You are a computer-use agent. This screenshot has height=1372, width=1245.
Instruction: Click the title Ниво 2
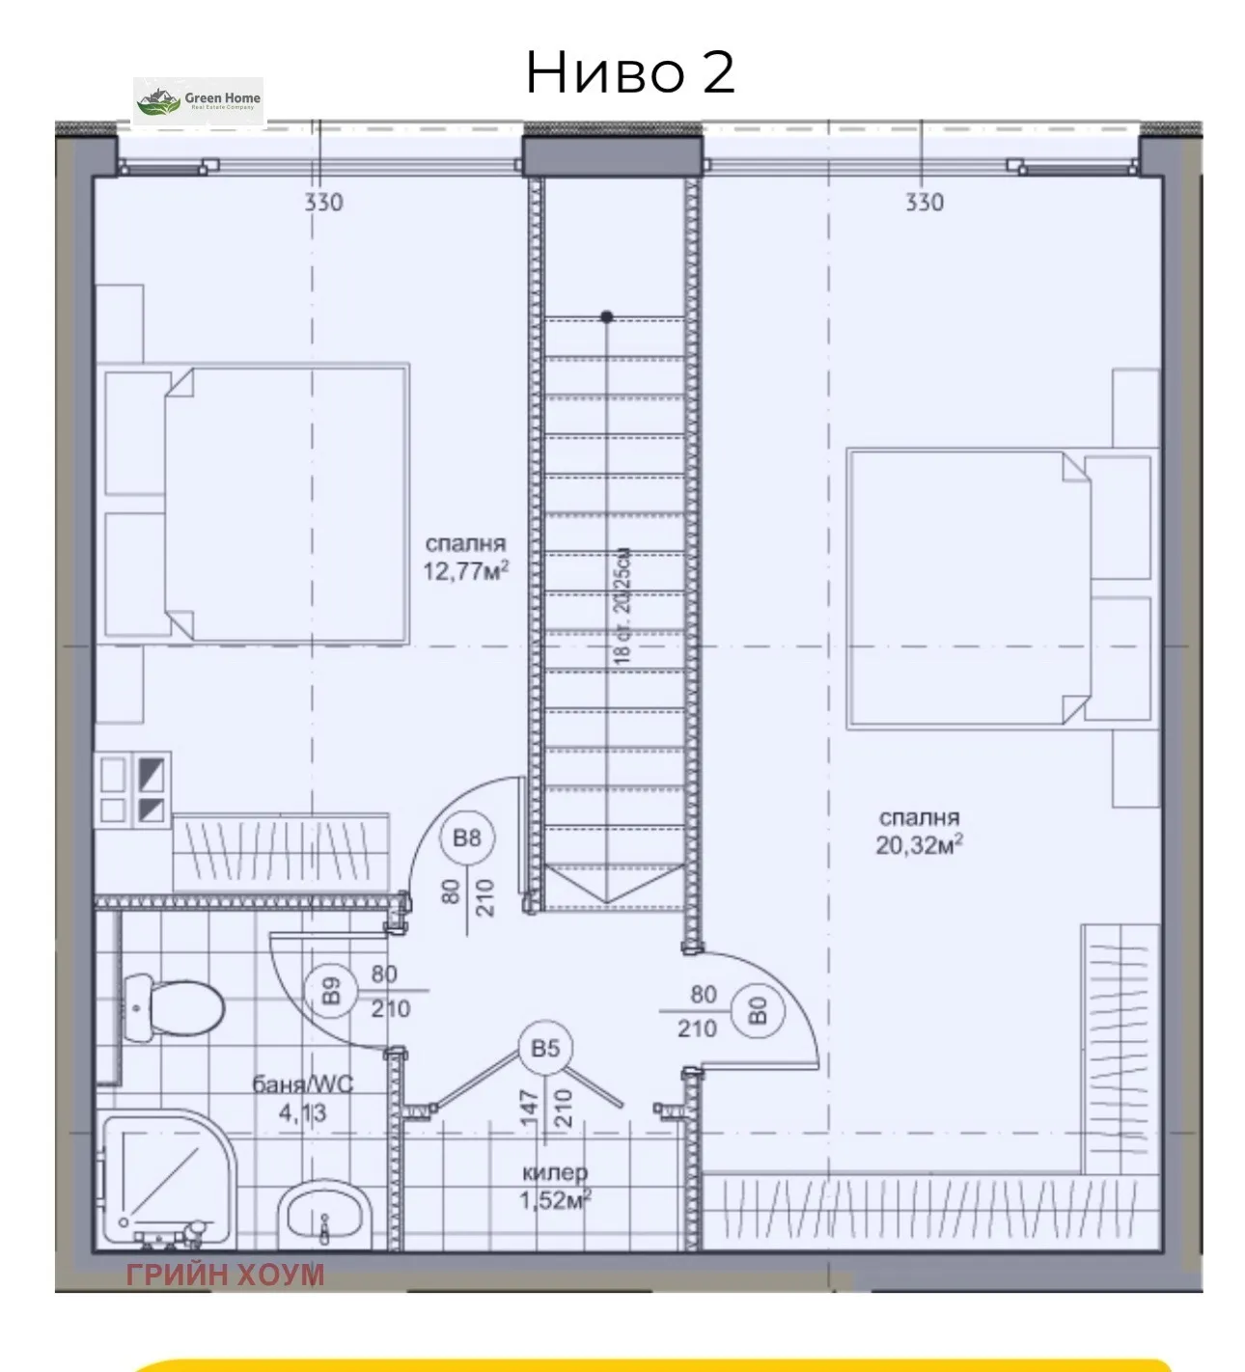[x=630, y=72]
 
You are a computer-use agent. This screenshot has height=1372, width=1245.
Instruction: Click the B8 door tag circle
[x=466, y=837]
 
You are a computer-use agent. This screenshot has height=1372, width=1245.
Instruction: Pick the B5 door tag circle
[x=545, y=1048]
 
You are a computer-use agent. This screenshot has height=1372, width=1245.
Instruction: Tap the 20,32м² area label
[x=921, y=845]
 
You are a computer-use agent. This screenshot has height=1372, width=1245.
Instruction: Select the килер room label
[x=555, y=1173]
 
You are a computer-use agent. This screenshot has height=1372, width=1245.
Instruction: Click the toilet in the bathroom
[x=174, y=1008]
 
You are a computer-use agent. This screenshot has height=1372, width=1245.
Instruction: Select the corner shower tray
[x=164, y=1182]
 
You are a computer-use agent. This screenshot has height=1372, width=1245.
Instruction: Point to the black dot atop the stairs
[x=606, y=316]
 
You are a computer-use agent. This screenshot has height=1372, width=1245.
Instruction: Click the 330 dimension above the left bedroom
[x=323, y=203]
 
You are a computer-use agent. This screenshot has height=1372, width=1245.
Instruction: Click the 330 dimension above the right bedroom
[x=924, y=203]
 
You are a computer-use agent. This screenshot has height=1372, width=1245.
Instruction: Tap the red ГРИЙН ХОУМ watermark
[x=225, y=1275]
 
